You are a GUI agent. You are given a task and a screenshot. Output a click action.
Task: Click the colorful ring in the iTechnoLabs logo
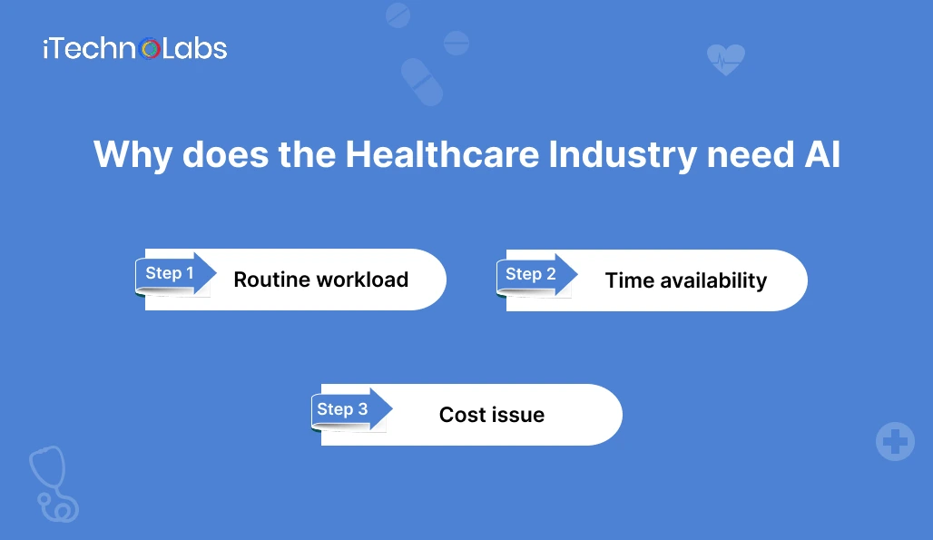[x=150, y=49]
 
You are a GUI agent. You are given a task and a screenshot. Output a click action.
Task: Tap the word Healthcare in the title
[x=442, y=154]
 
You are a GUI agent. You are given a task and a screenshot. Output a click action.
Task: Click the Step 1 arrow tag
[x=175, y=273]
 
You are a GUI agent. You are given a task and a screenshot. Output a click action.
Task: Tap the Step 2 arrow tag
[x=536, y=274]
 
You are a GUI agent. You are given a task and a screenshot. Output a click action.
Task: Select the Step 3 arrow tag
[x=351, y=409]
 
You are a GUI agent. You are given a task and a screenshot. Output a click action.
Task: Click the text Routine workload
[x=320, y=280]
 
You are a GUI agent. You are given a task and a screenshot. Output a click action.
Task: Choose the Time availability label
[x=686, y=280]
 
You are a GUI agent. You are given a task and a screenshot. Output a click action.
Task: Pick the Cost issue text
[x=492, y=415]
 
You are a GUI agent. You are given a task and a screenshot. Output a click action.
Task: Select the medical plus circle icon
[x=895, y=442]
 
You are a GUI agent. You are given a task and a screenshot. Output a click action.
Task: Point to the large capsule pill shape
[x=422, y=82]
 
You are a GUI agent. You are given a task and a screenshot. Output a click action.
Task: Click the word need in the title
[x=751, y=154]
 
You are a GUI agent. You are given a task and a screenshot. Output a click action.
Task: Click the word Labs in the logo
[x=194, y=49]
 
